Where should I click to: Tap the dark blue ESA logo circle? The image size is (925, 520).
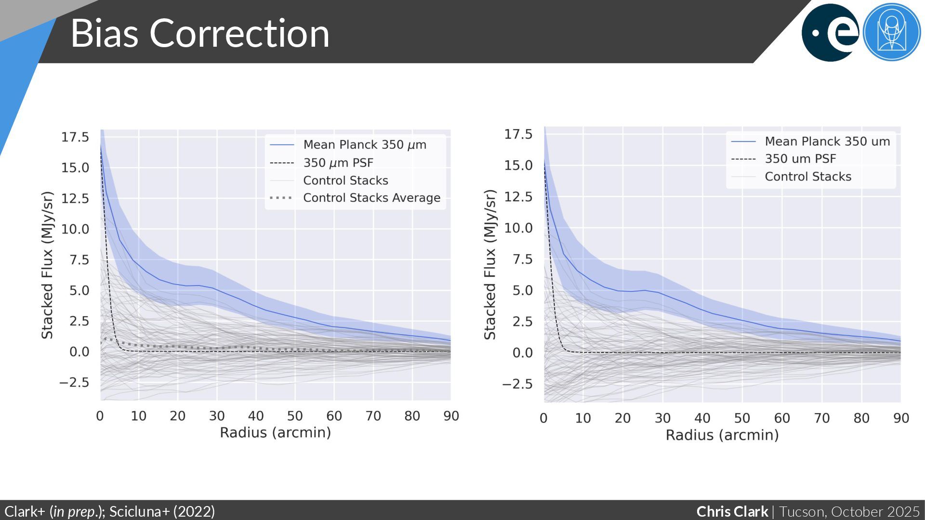[x=830, y=33]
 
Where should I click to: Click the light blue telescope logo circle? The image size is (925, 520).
[x=892, y=33]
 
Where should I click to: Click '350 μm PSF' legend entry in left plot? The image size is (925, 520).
[x=338, y=163]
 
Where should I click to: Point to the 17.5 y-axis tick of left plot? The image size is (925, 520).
[x=75, y=137]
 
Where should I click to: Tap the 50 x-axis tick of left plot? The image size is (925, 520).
[x=295, y=416]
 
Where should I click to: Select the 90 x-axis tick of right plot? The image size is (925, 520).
[x=901, y=418]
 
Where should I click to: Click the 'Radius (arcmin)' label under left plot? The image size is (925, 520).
[x=275, y=432]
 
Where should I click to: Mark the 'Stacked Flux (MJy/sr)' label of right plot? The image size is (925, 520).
[x=489, y=265]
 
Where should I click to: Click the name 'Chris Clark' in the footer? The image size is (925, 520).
[x=732, y=511]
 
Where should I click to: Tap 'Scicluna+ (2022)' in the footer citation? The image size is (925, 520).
[x=162, y=511]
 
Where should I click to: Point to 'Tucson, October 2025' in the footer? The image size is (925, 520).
[x=849, y=511]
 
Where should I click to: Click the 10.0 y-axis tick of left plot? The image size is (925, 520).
[x=75, y=229]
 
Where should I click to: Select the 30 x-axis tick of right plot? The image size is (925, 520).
[x=662, y=418]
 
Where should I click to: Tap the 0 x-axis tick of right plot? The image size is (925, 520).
[x=543, y=418]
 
